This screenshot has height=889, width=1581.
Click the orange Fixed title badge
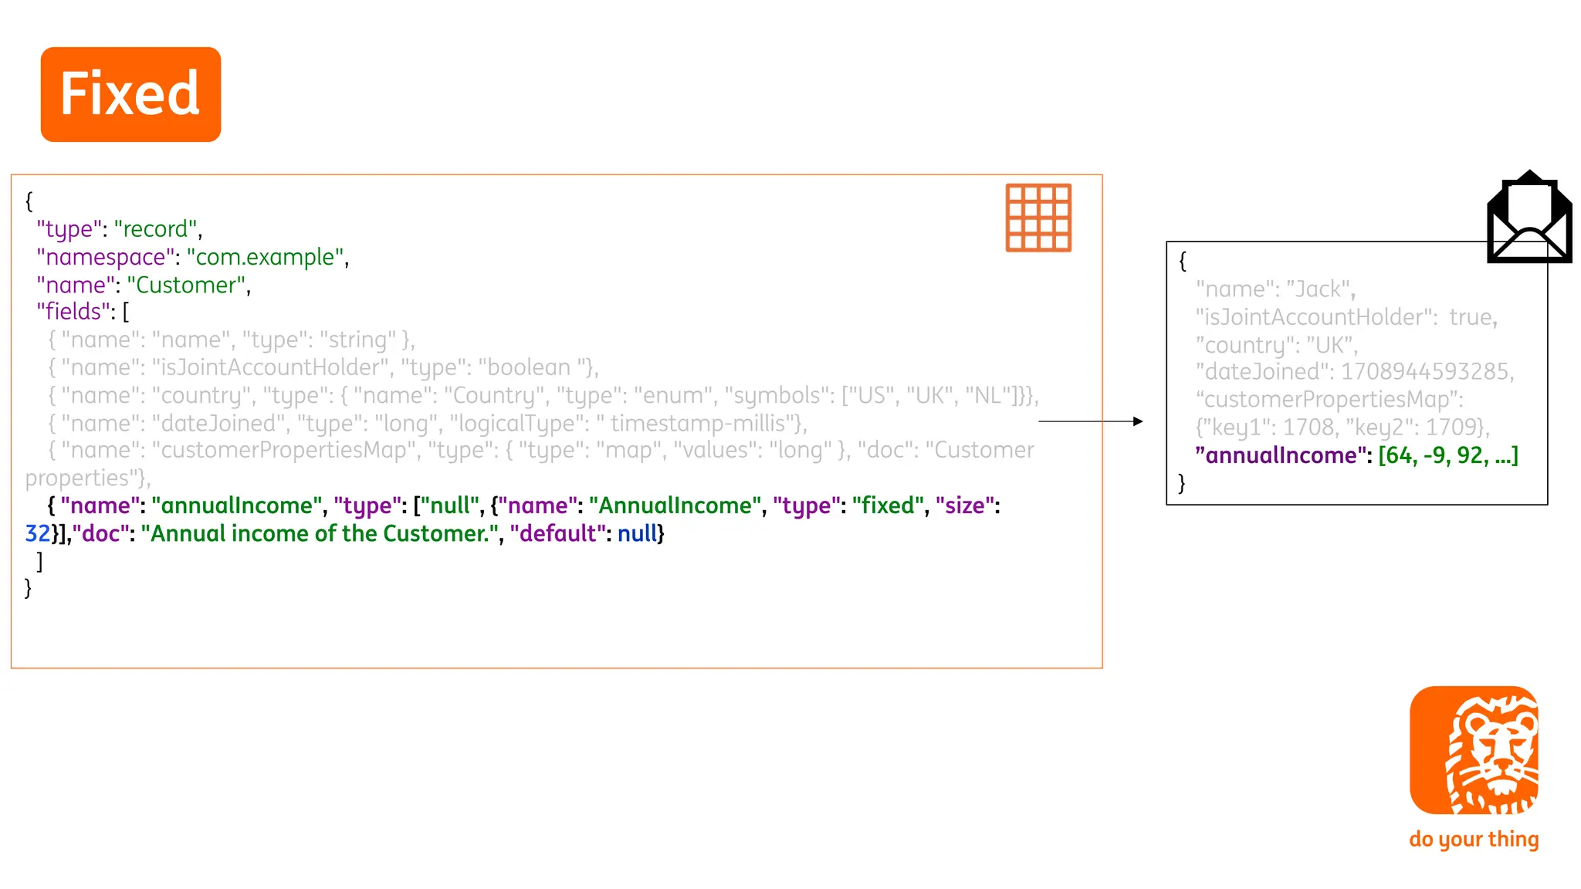[x=130, y=94]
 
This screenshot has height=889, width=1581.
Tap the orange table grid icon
[x=1038, y=218]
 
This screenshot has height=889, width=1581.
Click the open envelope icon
[x=1529, y=218]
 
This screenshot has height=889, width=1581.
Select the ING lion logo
[x=1474, y=750]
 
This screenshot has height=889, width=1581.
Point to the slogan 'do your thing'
[x=1474, y=839]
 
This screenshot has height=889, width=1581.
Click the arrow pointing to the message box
[x=1090, y=421]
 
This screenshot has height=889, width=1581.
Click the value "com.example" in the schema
[x=265, y=257]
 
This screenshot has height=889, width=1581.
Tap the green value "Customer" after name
[x=186, y=285]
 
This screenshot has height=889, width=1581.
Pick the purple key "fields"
[x=73, y=312]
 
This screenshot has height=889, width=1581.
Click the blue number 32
[x=38, y=533]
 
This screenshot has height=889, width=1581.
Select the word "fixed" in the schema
[x=888, y=505]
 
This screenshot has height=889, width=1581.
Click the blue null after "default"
[x=637, y=533]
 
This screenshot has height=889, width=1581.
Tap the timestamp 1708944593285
[x=1425, y=372]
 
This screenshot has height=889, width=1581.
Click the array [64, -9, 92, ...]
[x=1448, y=455]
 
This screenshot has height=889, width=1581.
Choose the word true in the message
[x=1471, y=317]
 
